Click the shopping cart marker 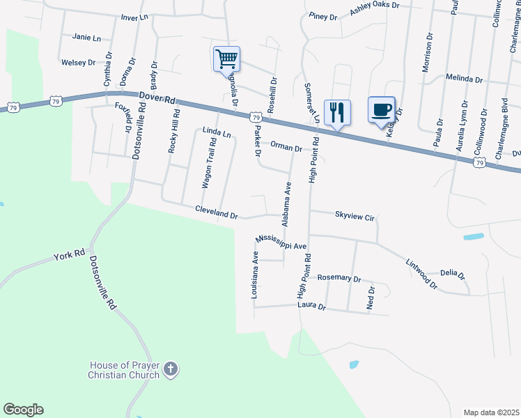pos(226,59)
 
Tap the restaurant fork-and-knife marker pos(337,112)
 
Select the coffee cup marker pos(381,110)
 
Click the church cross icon pos(172,368)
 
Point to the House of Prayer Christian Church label pos(125,370)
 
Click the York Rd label pos(69,256)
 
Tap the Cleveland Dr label pos(217,212)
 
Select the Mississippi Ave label pos(281,242)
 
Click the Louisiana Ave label pos(256,276)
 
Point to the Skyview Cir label pos(355,216)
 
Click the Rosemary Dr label pos(339,278)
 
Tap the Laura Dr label pos(311,305)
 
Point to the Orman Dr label pos(286,148)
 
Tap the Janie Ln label pos(86,38)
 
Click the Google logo pos(23,410)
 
